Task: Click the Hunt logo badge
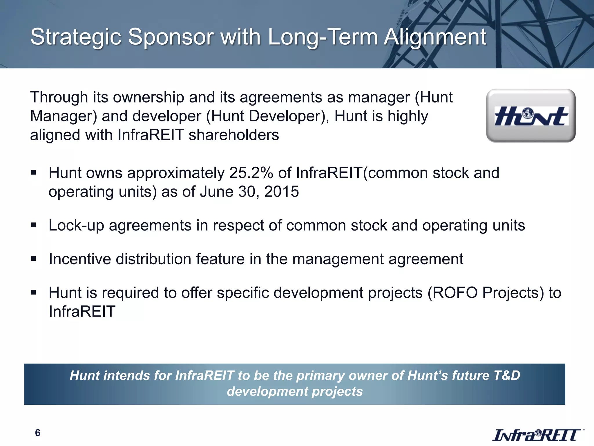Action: point(530,116)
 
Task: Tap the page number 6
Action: point(37,433)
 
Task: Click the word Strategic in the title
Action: point(76,37)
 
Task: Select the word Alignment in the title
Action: point(435,37)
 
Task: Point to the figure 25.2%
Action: point(251,173)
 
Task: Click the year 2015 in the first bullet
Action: point(281,192)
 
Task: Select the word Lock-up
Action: point(76,226)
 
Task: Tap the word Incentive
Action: point(80,259)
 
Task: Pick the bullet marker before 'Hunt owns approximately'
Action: point(34,173)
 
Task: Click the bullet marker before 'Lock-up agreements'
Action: point(34,225)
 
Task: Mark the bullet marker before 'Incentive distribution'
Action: point(34,259)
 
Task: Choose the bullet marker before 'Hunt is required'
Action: point(34,292)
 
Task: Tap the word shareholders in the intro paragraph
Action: point(234,135)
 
